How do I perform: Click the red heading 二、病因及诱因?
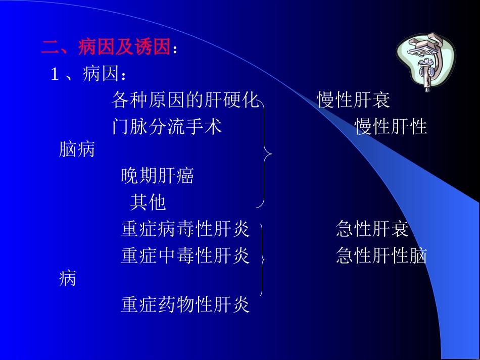point(106,48)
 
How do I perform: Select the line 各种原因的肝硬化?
point(185,100)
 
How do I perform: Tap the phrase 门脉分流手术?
point(167,126)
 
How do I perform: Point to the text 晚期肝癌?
point(158,176)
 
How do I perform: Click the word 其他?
point(148,202)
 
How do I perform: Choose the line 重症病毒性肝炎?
point(185,229)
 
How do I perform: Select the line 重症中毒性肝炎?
point(185,256)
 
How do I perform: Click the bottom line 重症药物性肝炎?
point(185,304)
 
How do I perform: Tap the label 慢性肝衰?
point(354,100)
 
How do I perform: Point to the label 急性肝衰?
point(372,229)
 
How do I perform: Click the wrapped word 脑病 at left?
point(77,149)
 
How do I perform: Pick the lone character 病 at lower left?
point(68,278)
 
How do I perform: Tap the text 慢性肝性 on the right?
point(391,126)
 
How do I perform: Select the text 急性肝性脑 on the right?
point(381,256)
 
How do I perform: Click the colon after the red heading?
point(175,49)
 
